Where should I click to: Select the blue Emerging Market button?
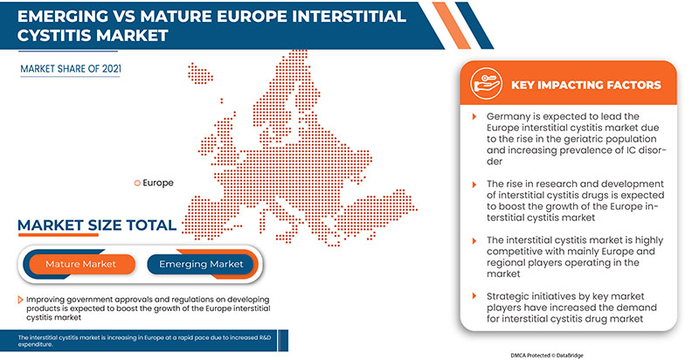[202, 263]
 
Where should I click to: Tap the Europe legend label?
[158, 183]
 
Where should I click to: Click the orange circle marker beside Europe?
[136, 183]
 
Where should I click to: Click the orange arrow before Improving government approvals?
[21, 300]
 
